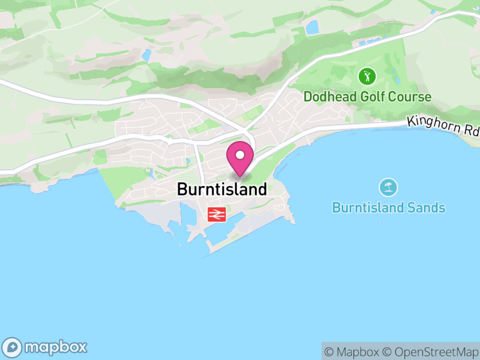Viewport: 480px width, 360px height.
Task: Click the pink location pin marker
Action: click(x=240, y=159)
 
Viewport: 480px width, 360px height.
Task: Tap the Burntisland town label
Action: click(x=221, y=190)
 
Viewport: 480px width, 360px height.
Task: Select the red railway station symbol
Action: click(x=216, y=214)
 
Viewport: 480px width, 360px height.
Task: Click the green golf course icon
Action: click(x=367, y=76)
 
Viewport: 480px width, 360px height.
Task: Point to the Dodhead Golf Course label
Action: click(x=367, y=97)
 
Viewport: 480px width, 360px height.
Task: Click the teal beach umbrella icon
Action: click(x=388, y=187)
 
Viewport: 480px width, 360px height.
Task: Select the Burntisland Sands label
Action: click(x=388, y=208)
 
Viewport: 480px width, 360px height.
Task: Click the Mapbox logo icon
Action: click(x=13, y=347)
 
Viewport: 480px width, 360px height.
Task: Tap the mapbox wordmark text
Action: click(x=56, y=347)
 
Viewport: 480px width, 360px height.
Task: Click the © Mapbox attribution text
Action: click(x=352, y=352)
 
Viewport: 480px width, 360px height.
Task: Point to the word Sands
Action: click(x=425, y=208)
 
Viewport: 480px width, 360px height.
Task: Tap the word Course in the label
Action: click(x=411, y=97)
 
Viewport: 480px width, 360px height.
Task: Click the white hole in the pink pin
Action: click(x=240, y=155)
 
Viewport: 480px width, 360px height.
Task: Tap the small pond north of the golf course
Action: click(x=312, y=27)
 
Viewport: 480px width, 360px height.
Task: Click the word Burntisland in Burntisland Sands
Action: click(x=367, y=208)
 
